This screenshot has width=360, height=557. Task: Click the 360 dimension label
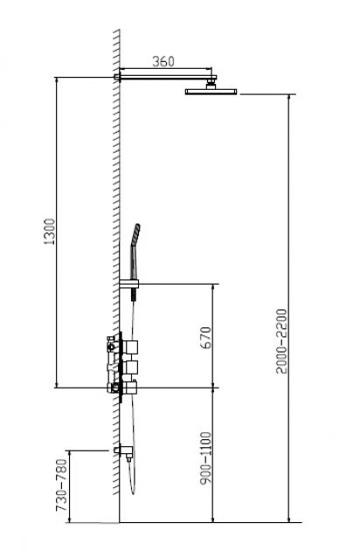coord(163,61)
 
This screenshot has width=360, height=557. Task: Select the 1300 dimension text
coord(50,231)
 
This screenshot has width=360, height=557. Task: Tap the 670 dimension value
coord(205,337)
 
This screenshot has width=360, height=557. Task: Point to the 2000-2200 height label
coord(281,341)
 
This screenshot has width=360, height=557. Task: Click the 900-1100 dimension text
coord(205,457)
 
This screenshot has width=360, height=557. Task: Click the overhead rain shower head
coord(211,92)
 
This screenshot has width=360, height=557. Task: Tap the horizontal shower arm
coord(168,77)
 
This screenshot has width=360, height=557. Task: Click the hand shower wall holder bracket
coord(128,285)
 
